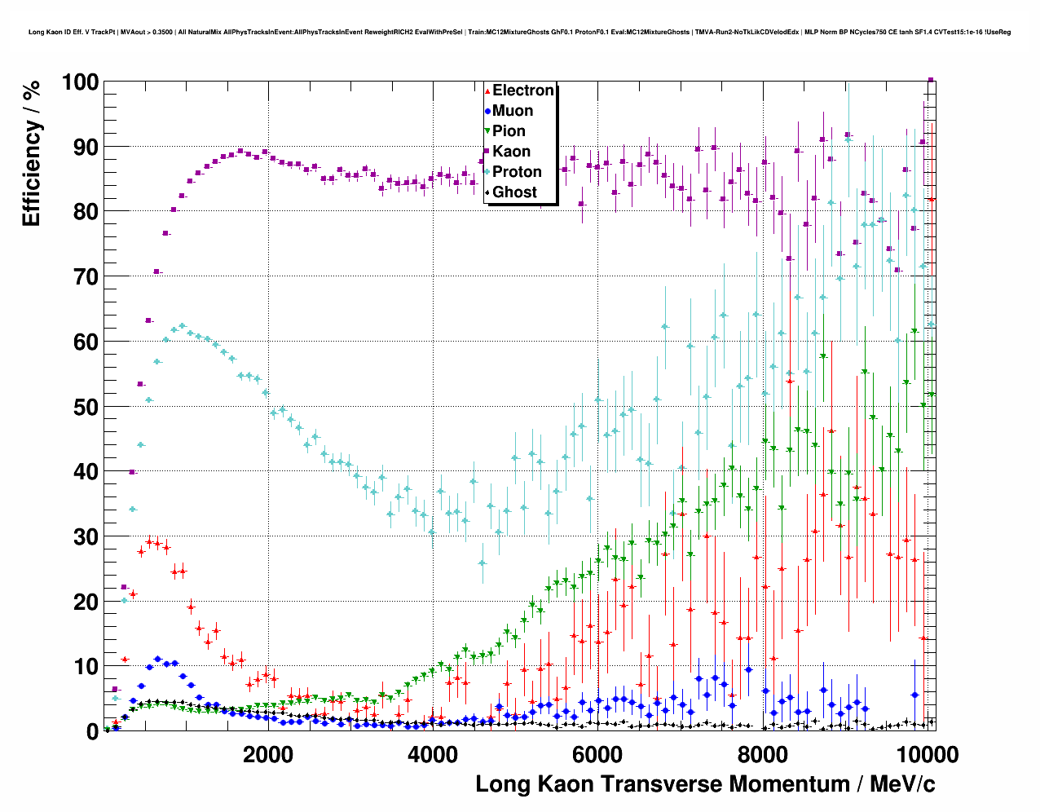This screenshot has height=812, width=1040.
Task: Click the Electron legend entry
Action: click(x=522, y=90)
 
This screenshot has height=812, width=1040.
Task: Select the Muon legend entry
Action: click(x=512, y=111)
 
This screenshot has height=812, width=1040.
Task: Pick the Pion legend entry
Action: click(x=509, y=131)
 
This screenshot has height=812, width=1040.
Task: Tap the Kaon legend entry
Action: click(x=511, y=152)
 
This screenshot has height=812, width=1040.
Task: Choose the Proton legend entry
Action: click(x=517, y=172)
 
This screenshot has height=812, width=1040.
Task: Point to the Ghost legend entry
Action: click(x=514, y=192)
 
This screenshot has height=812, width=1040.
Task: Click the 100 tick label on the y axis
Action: click(x=79, y=82)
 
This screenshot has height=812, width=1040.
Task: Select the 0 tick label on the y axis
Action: click(x=92, y=731)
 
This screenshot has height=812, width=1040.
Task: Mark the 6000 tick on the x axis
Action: click(x=597, y=754)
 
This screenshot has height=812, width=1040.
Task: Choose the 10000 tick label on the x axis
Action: click(x=925, y=754)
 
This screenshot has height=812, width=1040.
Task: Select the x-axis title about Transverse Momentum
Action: click(x=705, y=784)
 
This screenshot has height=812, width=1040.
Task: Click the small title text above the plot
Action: click(x=519, y=33)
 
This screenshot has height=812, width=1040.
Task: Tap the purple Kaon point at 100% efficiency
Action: click(x=931, y=80)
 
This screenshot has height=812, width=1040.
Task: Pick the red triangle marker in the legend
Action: click(x=487, y=90)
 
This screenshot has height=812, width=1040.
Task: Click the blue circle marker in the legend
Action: click(x=487, y=111)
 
